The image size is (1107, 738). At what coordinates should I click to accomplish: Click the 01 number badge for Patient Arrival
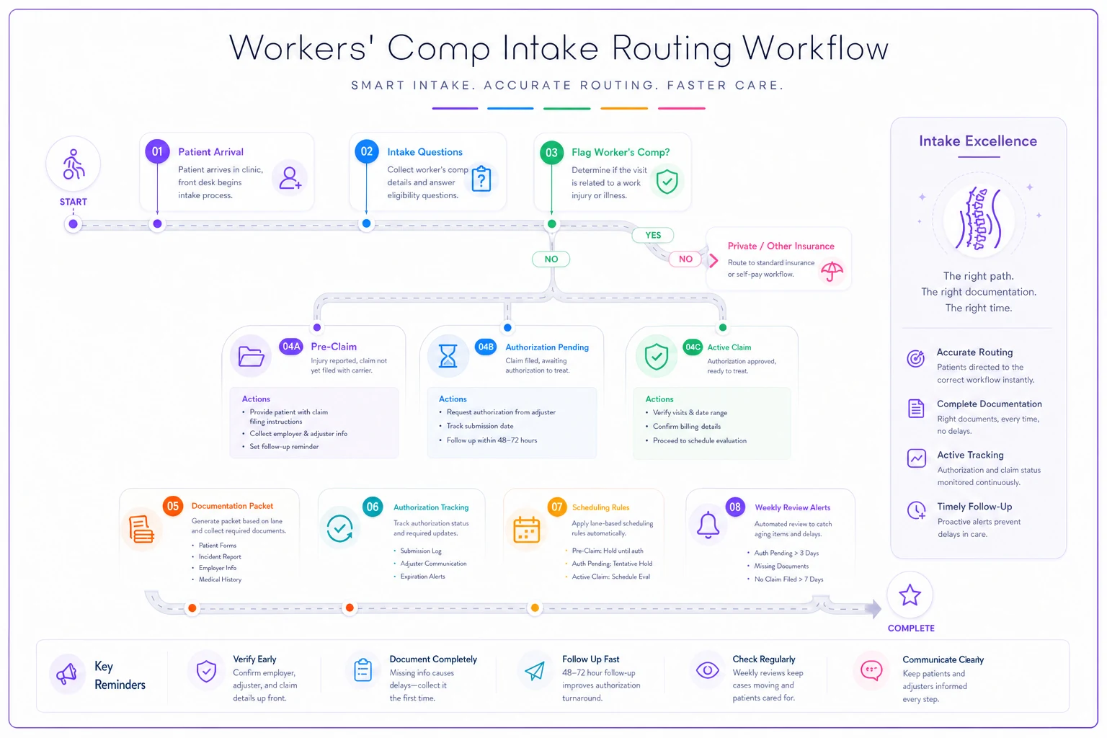click(x=157, y=151)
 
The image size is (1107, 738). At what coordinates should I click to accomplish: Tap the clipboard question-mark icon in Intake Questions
click(x=481, y=179)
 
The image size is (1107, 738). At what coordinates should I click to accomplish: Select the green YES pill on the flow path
click(x=653, y=235)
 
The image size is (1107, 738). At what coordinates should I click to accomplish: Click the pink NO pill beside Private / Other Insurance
click(x=685, y=259)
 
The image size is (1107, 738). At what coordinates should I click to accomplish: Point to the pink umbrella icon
click(x=832, y=271)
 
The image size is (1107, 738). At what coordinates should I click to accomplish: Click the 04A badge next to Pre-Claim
click(x=291, y=347)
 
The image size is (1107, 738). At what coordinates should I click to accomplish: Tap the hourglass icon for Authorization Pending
click(x=448, y=355)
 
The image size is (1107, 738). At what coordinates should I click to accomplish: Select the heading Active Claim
click(x=729, y=347)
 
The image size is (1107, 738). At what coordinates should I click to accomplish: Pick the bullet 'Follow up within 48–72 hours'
click(x=492, y=440)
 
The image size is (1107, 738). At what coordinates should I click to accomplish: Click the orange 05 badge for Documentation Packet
click(x=173, y=506)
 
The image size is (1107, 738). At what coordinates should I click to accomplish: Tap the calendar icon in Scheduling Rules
click(x=526, y=530)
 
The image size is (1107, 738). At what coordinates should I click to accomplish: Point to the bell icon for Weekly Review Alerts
click(x=708, y=525)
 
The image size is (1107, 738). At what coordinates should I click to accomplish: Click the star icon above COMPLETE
click(x=910, y=595)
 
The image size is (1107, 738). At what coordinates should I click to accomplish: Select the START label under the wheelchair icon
click(x=73, y=202)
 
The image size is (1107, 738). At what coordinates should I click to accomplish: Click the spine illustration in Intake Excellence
click(x=979, y=218)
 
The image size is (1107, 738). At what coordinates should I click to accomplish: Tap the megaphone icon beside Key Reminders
click(x=67, y=672)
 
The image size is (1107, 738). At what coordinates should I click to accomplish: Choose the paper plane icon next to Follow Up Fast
click(x=535, y=671)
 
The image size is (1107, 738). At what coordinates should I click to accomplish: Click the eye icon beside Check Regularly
click(x=707, y=670)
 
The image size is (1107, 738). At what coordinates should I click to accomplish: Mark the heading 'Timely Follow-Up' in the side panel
click(x=974, y=507)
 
